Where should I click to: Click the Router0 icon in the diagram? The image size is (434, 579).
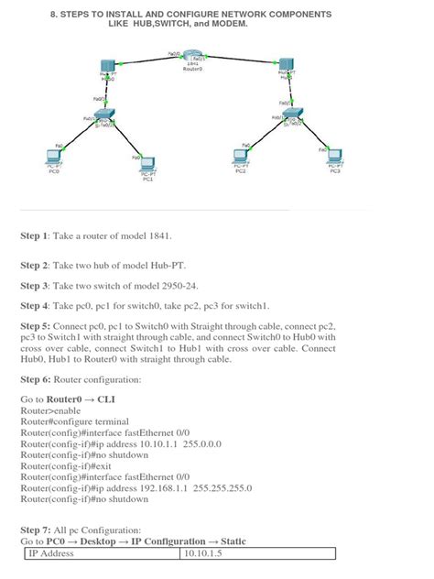[x=192, y=59]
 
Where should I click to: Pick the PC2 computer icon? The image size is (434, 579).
[x=240, y=158]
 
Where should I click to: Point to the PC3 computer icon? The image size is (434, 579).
[x=335, y=157]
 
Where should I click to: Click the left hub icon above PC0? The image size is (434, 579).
[x=108, y=69]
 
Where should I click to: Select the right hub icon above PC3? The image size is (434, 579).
[x=287, y=69]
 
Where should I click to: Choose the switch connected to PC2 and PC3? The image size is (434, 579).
[x=293, y=119]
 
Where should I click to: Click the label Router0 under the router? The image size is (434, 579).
[x=192, y=69]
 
